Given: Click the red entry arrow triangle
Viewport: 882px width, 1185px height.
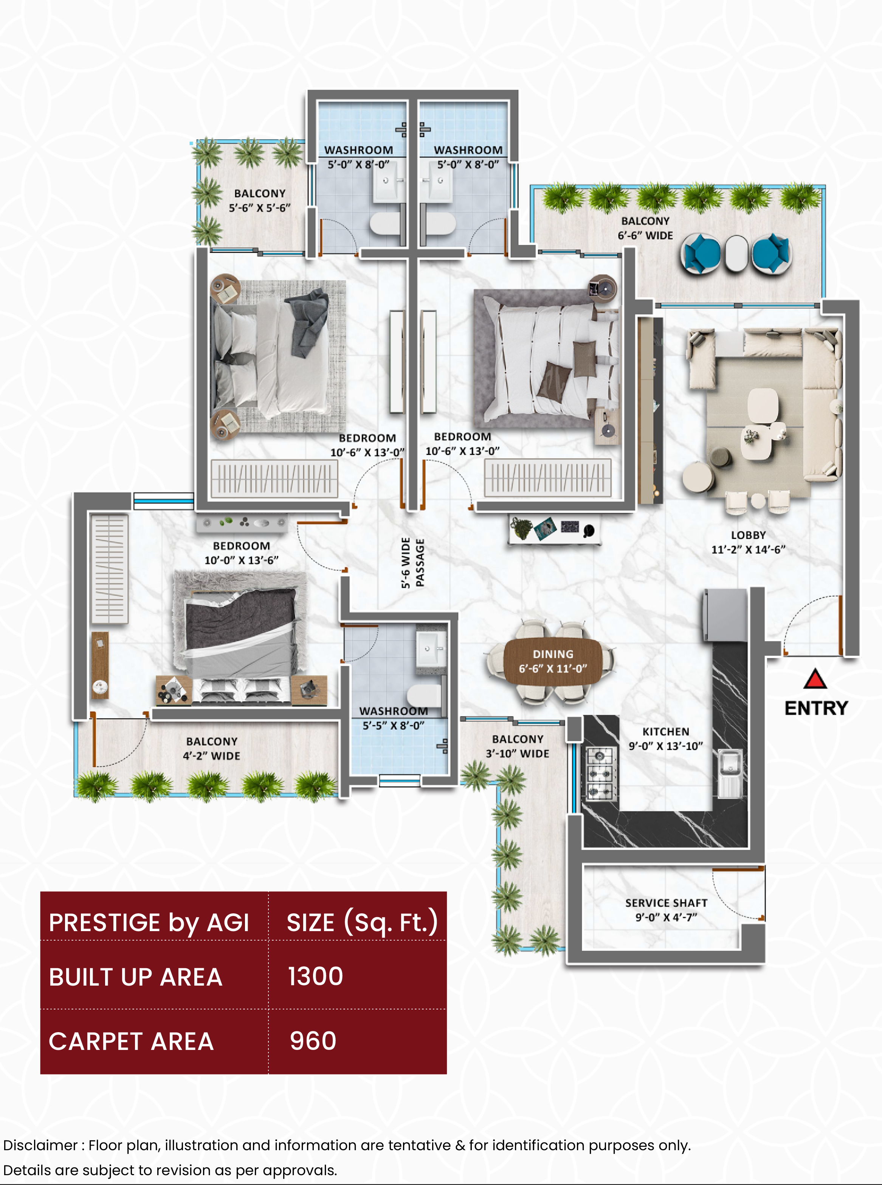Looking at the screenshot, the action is [815, 679].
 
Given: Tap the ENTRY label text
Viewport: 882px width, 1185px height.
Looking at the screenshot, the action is [816, 708].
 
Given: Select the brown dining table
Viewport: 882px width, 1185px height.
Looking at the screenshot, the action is [553, 661].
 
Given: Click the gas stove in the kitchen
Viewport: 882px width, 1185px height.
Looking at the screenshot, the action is [601, 774].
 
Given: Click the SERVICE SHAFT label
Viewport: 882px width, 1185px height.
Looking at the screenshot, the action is [666, 910].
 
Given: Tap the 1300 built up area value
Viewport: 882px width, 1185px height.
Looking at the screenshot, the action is [316, 976].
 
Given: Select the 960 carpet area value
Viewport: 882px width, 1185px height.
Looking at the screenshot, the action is [313, 1041].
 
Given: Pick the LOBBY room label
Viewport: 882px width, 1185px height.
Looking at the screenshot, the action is [748, 542].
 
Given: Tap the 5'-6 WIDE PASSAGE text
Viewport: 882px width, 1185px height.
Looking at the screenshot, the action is [413, 563].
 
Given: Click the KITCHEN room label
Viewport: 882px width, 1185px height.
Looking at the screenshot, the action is [666, 738].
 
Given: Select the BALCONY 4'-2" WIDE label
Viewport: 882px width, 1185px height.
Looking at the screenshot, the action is [211, 748].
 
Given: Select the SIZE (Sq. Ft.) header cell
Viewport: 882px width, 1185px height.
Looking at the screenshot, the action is [362, 922].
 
